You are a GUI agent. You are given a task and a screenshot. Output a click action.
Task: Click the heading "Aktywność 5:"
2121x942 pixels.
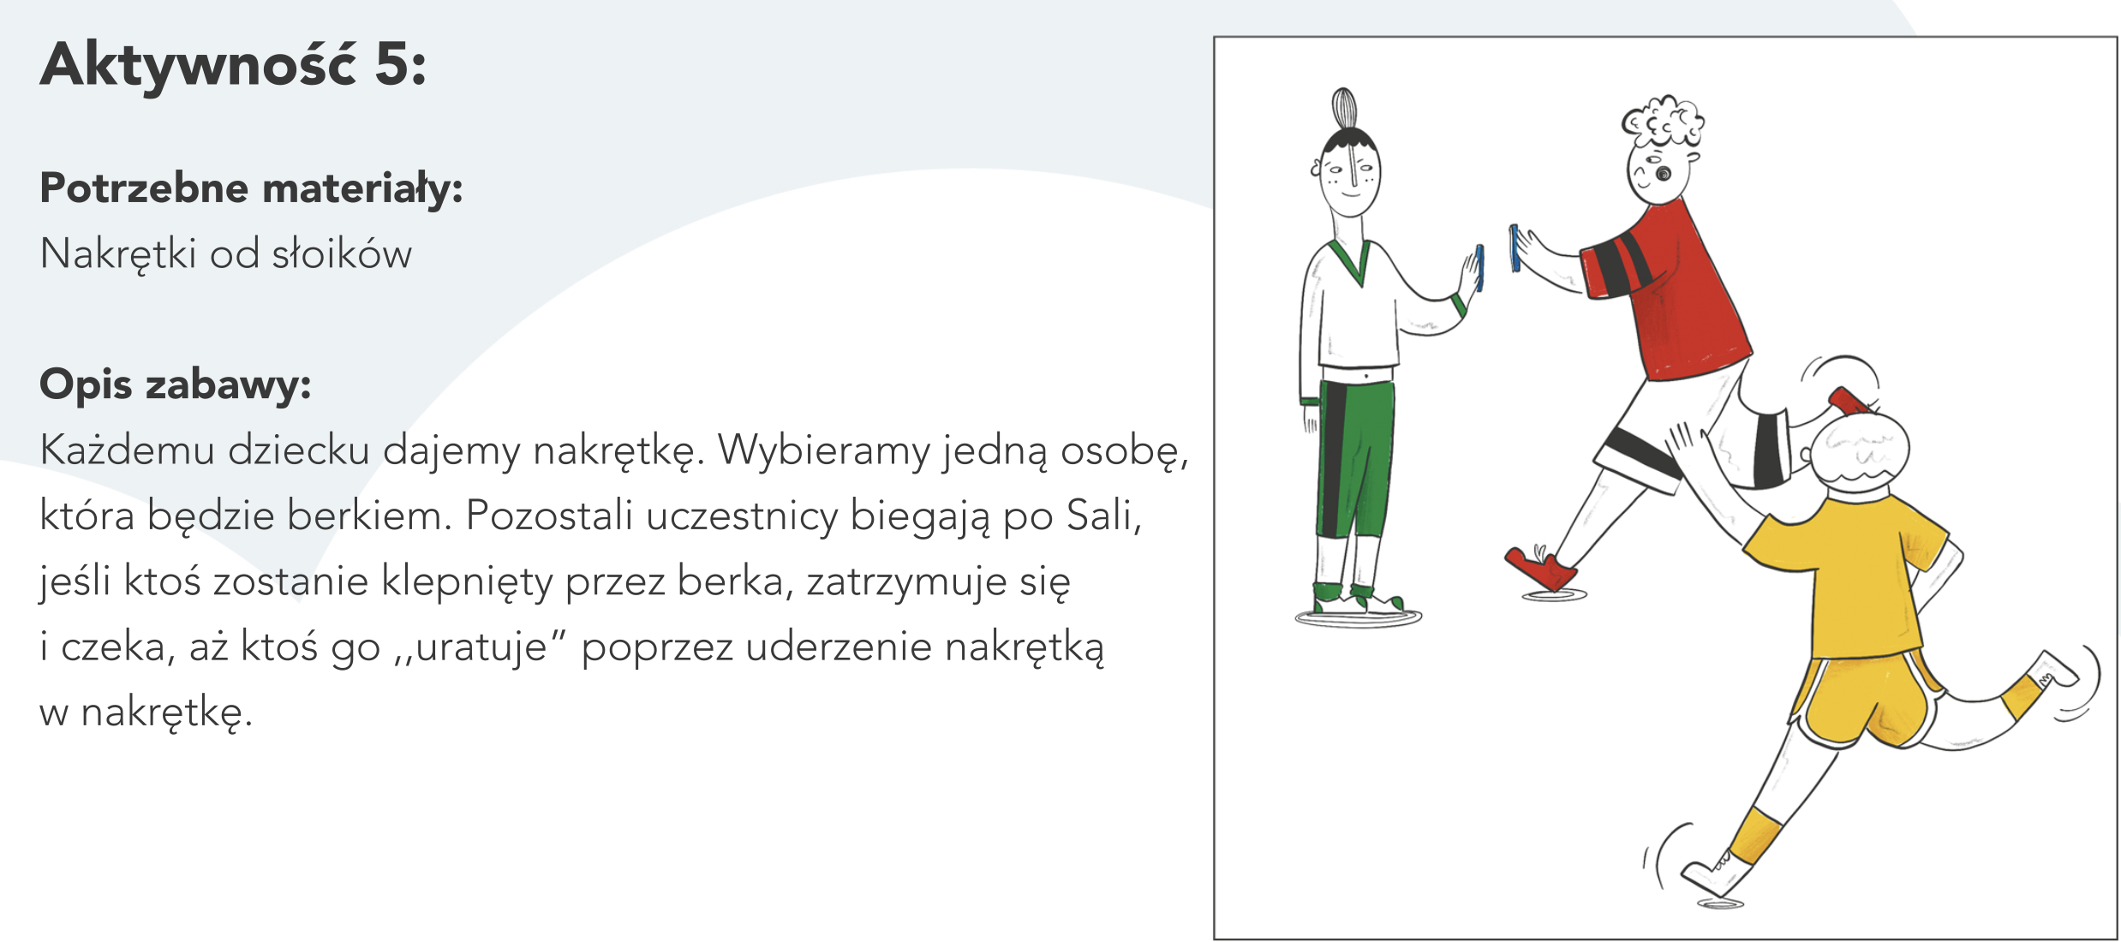233,65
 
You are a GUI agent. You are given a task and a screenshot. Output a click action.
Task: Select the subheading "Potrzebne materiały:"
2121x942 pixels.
251,188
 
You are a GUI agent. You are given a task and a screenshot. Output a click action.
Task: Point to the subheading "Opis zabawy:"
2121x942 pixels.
176,385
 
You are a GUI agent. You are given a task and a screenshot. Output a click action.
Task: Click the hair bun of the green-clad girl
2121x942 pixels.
1344,110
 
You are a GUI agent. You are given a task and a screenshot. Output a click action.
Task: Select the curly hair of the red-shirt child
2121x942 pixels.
1663,122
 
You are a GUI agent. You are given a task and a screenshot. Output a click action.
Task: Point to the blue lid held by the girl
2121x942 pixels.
1479,268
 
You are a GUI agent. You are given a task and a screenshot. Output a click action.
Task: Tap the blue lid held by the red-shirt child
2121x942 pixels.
1515,248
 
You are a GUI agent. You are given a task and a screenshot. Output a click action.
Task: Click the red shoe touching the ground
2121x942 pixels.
1539,569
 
